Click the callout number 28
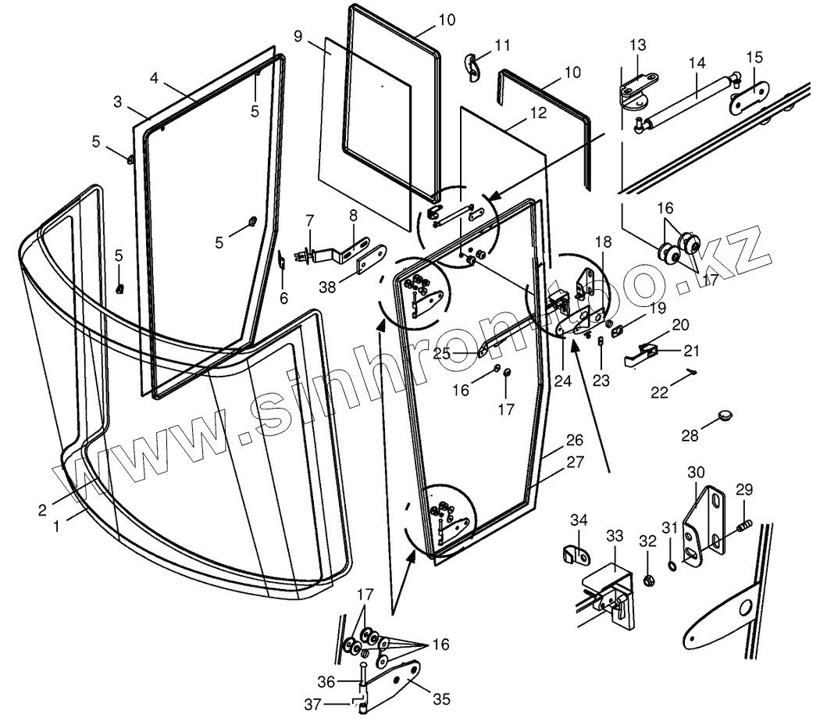(689, 435)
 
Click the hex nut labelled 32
(648, 580)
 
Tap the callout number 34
(579, 520)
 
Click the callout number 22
(661, 391)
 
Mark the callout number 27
(575, 461)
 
